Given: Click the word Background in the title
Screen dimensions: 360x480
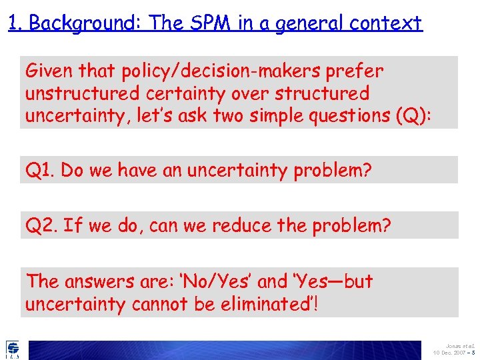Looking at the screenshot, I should [x=85, y=23].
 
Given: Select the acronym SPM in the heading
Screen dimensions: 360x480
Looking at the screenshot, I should [x=203, y=23].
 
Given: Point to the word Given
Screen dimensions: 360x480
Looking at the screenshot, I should [x=49, y=71].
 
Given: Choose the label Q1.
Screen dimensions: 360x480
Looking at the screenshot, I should [x=40, y=171].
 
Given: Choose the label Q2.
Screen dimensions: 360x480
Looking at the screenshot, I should [x=41, y=226].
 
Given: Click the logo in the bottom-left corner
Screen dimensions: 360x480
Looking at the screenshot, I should [x=12, y=349].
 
